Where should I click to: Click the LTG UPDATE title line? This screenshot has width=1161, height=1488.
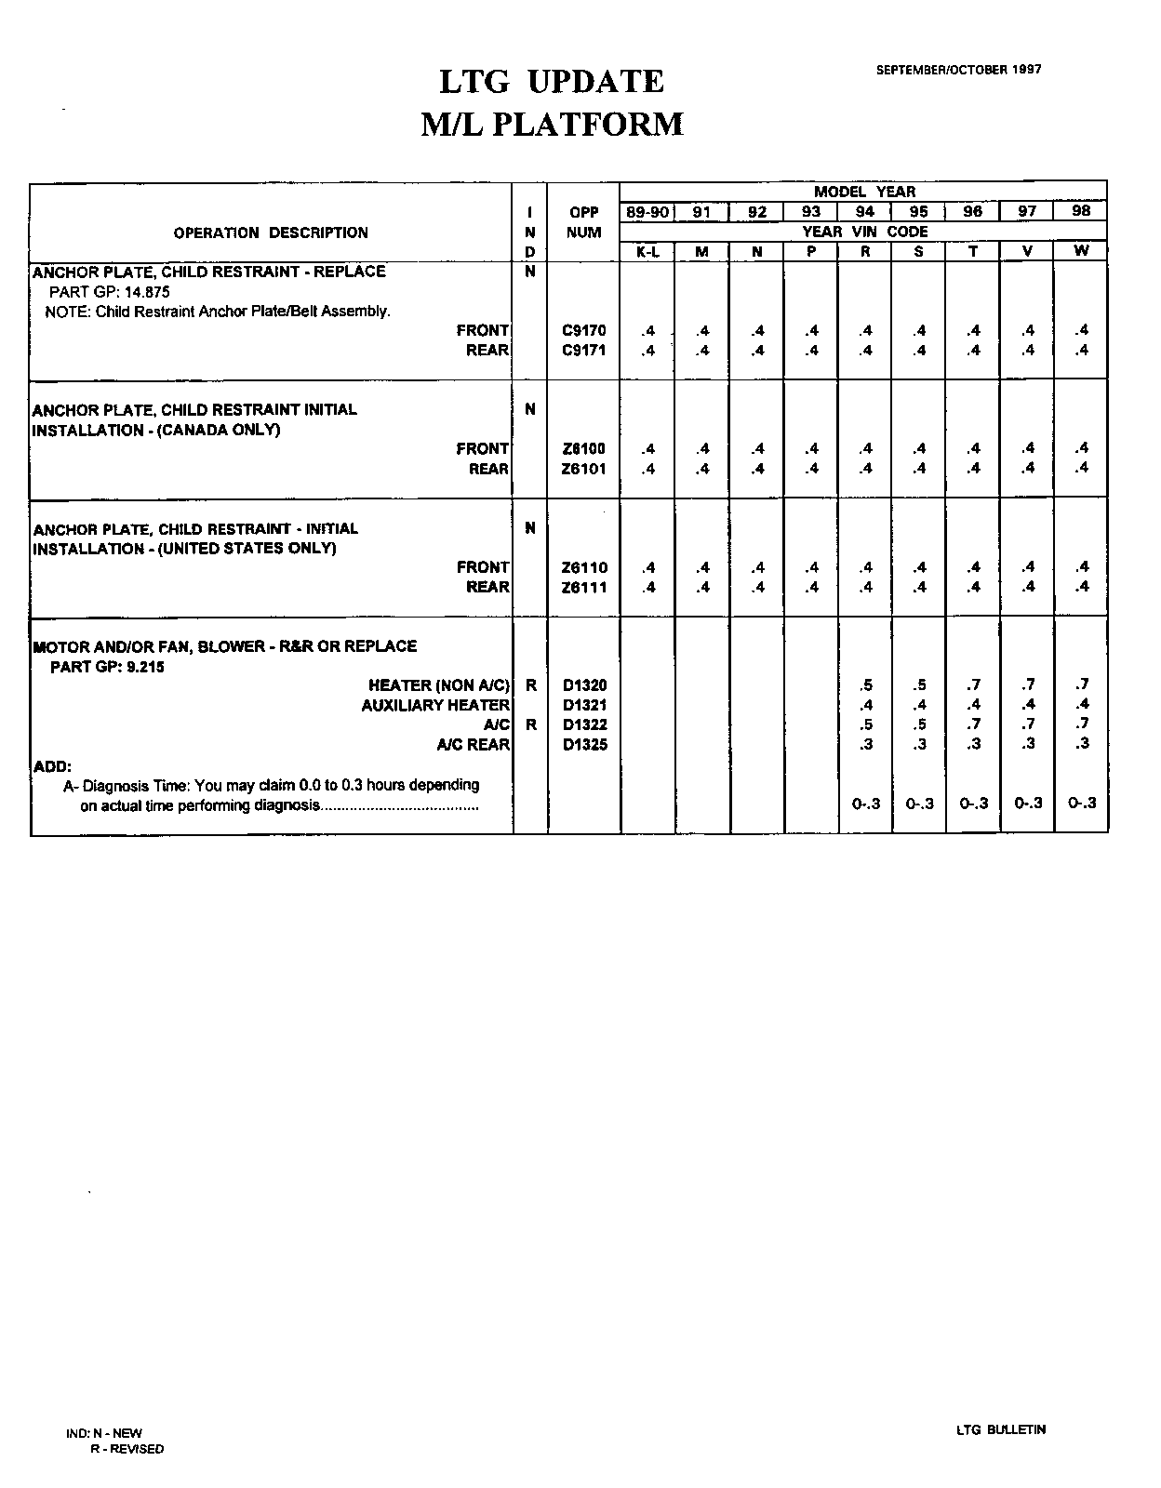point(552,82)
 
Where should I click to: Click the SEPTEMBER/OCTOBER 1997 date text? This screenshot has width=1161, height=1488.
point(958,70)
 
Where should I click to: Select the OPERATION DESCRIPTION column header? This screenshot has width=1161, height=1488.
point(271,232)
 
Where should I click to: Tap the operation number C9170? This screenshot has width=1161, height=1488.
point(584,330)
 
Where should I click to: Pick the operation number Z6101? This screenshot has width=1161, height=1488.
point(584,469)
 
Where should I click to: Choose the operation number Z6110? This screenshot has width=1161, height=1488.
point(584,567)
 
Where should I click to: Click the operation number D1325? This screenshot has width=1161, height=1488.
point(584,744)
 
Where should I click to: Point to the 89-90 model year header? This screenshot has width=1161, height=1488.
point(647,212)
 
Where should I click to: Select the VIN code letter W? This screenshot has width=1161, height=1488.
point(1081,251)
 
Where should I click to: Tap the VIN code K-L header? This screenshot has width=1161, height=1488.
point(647,251)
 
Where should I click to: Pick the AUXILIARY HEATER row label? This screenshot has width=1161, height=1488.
point(435,705)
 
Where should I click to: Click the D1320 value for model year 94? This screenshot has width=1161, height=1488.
point(866,685)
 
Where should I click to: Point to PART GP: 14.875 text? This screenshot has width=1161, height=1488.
point(110,291)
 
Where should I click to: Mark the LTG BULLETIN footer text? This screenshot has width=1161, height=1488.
point(1001,1429)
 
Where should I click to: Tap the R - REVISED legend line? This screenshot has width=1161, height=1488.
point(127,1449)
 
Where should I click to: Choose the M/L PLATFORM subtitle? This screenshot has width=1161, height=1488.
point(552,125)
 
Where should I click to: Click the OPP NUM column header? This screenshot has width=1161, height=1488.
point(584,222)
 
